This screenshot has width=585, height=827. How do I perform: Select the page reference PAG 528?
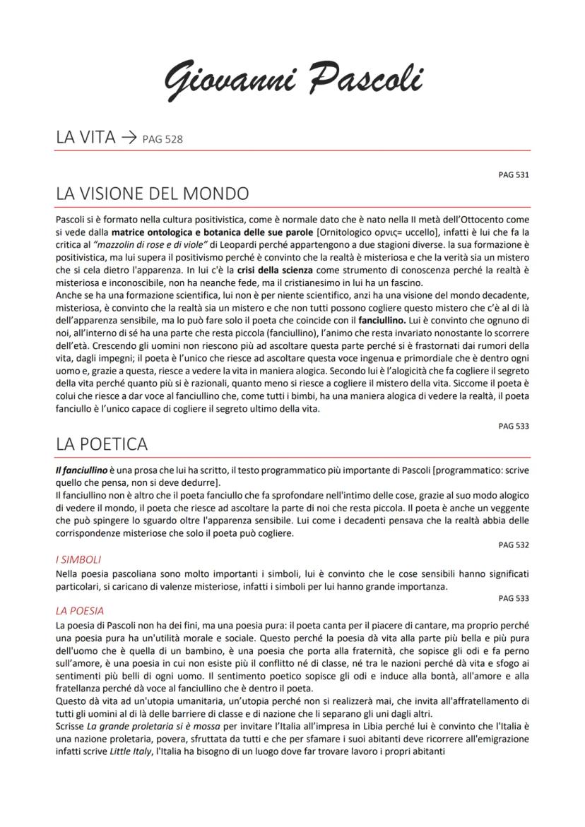tap(162, 139)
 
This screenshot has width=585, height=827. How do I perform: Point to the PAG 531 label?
tap(514, 174)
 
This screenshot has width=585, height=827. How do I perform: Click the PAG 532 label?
tap(514, 545)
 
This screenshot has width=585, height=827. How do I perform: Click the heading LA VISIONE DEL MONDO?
tap(152, 193)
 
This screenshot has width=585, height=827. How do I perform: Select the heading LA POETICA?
tap(102, 444)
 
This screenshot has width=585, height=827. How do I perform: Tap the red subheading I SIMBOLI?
tap(78, 559)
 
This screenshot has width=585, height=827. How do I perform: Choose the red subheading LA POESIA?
tap(79, 610)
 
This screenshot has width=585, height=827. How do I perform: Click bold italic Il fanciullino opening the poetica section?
tap(81, 470)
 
